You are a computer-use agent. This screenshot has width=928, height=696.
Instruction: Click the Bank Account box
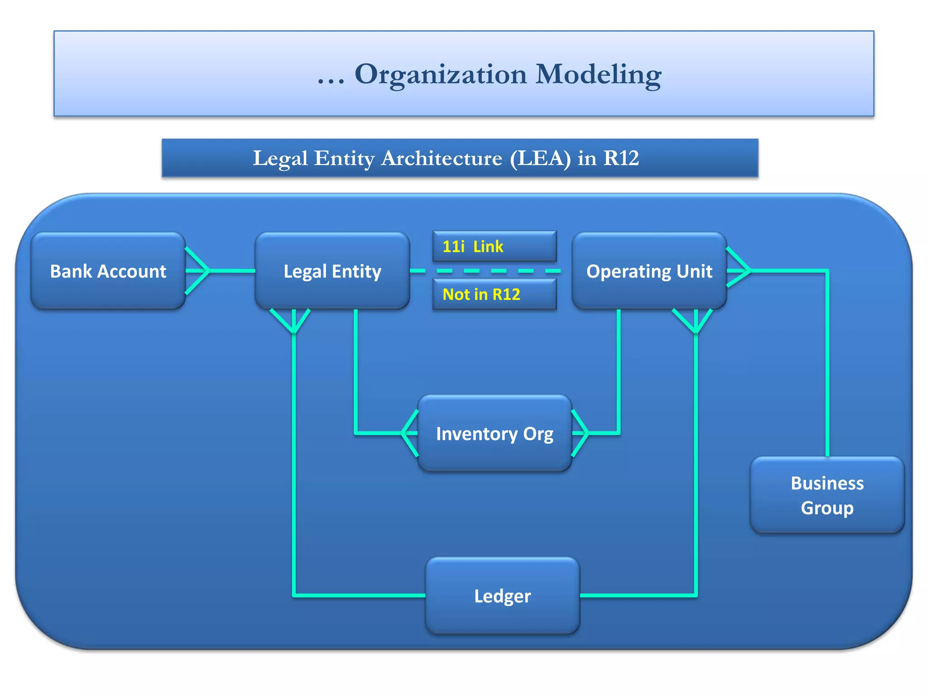pos(108,271)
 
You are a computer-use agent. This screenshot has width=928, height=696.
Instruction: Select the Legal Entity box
pos(332,271)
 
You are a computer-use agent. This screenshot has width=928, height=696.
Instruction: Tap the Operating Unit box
pos(649,271)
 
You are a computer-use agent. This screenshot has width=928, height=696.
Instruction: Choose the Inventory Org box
pos(494,434)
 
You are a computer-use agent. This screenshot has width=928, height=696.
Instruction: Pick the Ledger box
pos(502,596)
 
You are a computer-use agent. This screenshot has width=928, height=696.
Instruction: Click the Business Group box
pos(827,495)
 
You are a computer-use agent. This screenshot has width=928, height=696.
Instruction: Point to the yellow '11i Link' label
pos(473,246)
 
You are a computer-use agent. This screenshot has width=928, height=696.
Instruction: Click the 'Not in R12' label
pos(481,295)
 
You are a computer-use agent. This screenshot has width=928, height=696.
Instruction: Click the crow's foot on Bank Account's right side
pos(198,271)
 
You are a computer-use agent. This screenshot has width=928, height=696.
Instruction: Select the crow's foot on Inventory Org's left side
pos(410,433)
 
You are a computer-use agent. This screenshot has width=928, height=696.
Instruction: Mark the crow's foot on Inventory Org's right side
pos(580,433)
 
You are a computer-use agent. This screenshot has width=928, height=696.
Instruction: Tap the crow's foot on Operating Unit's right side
pos(739,271)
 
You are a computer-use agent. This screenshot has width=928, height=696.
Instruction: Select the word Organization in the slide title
pos(440,75)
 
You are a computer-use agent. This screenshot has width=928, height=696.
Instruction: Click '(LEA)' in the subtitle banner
pos(540,158)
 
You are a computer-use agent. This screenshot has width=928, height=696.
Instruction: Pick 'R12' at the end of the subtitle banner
pos(621,158)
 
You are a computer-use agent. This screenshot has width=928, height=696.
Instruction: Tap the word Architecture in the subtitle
pos(441,158)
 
